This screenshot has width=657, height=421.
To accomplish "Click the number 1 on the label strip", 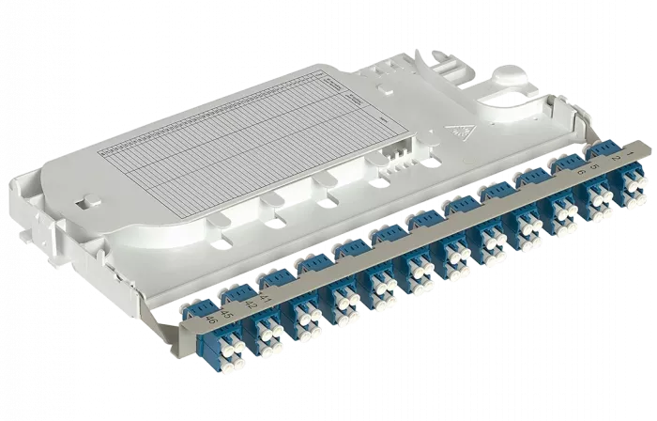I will [638, 149].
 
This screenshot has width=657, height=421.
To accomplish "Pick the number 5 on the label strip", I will [593, 166].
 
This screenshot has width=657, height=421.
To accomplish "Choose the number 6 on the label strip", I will [581, 172].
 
